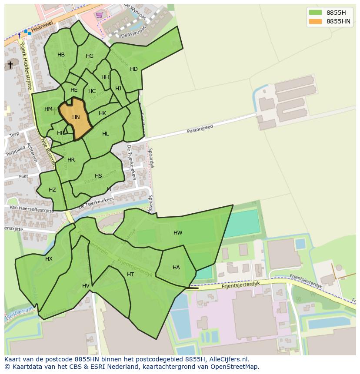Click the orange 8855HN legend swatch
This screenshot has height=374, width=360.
[x=315, y=21]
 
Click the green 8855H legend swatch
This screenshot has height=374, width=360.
[x=315, y=13]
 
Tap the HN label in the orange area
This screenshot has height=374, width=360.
[x=76, y=117]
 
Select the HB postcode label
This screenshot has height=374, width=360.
[x=61, y=55]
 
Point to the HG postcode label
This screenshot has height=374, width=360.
[x=90, y=56]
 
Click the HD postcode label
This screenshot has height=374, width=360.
[x=134, y=69]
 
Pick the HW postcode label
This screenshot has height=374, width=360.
[x=178, y=233]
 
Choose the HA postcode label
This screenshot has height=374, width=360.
[x=176, y=268]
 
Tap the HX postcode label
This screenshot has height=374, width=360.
[x=49, y=259]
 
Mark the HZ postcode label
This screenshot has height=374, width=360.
[x=52, y=190]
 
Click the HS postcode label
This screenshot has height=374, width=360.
[x=98, y=176]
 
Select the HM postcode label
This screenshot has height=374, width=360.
[x=48, y=109]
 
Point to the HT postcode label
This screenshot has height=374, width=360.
[x=130, y=275]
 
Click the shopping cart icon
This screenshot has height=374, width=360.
[x=100, y=15]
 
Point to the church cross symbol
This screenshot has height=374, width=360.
[x=10, y=65]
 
